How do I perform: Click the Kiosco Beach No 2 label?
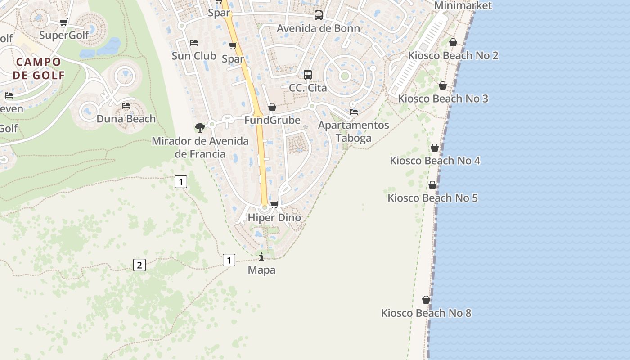click(x=453, y=56)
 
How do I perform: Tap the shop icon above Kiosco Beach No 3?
click(x=443, y=85)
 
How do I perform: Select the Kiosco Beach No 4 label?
click(x=435, y=161)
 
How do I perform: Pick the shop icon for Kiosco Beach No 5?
click(x=432, y=185)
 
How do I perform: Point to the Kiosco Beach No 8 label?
click(x=426, y=313)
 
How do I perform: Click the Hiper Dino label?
click(x=274, y=218)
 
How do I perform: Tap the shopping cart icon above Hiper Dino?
click(x=274, y=204)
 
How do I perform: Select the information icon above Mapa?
click(x=261, y=256)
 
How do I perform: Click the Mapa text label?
click(x=261, y=270)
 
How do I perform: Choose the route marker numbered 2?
click(x=139, y=265)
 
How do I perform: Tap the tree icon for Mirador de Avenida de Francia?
click(x=200, y=128)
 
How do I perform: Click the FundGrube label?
click(x=272, y=121)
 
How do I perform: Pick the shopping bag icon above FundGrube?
click(x=272, y=107)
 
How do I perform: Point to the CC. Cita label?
click(x=308, y=88)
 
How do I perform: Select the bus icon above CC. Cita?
click(x=308, y=74)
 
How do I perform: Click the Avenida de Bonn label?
click(x=319, y=28)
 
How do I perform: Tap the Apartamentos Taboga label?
click(x=354, y=131)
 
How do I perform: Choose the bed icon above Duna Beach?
click(x=126, y=106)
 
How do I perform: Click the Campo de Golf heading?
click(x=38, y=68)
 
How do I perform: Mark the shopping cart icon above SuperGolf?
click(x=64, y=22)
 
